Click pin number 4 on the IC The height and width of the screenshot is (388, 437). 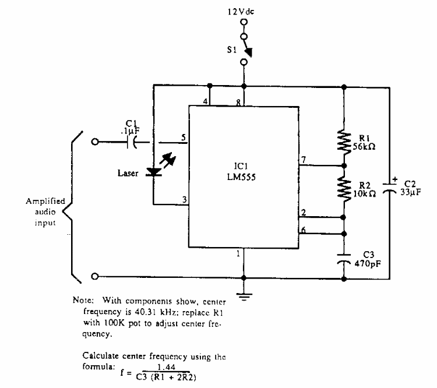point(205,102)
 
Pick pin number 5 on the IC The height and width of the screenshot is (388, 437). point(183,137)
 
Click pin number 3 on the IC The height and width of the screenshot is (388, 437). point(183,200)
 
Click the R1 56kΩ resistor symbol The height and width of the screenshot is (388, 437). point(344,140)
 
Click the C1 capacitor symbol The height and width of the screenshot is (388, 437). point(135,141)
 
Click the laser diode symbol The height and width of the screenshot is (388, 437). point(154,171)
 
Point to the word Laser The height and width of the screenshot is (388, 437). point(128,172)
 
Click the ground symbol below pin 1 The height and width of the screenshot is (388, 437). point(244,297)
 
